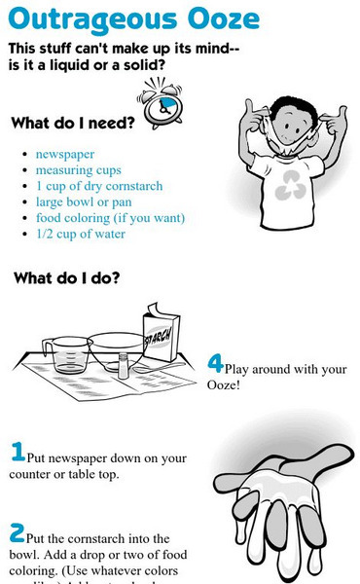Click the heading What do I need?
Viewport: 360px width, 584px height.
[74, 124]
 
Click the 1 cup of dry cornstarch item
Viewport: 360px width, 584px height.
[99, 186]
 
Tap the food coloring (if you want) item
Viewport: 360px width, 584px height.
[110, 218]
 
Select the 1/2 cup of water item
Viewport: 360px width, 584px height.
[81, 234]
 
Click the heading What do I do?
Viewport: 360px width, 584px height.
[67, 278]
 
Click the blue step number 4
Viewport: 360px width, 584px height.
[216, 363]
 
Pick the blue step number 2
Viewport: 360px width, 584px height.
[18, 532]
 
